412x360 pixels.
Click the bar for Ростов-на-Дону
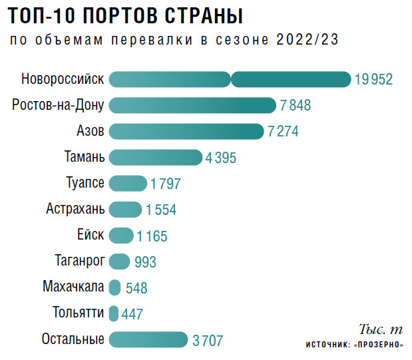tap(192, 105)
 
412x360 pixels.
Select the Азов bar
tap(186, 131)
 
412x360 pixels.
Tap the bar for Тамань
tap(155, 157)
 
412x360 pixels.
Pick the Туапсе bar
tap(128, 183)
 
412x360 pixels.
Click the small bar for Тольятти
tap(114, 313)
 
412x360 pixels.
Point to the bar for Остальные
tap(148, 340)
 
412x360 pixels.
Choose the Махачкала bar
tap(115, 287)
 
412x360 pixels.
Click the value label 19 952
tap(373, 79)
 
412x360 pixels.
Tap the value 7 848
tap(296, 105)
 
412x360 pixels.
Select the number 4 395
tap(222, 158)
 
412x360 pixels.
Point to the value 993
tap(145, 262)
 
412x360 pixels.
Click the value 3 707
tap(208, 341)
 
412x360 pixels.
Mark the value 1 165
tap(152, 236)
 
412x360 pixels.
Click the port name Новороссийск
tap(63, 79)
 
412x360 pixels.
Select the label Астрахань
tap(75, 209)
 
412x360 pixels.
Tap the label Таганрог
tap(79, 261)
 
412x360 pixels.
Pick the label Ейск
tap(91, 235)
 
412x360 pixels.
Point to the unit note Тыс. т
tap(381, 329)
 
